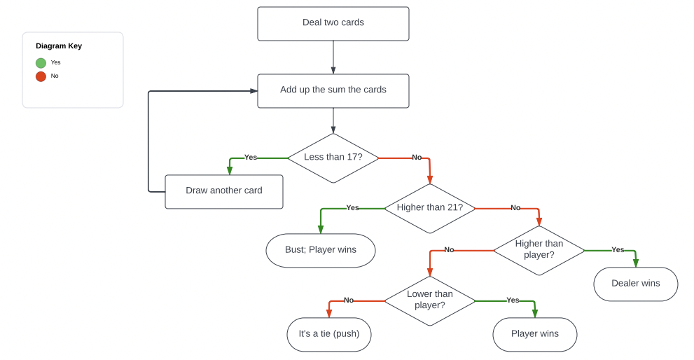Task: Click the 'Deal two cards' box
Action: click(333, 23)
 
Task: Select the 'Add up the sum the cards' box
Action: click(333, 90)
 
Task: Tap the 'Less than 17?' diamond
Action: click(333, 158)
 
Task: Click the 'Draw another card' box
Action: click(223, 191)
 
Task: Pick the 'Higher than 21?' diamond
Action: click(429, 208)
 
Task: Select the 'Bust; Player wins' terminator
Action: click(320, 250)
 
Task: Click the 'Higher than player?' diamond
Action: click(539, 250)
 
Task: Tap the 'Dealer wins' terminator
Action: click(635, 284)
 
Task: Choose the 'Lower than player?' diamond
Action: click(429, 300)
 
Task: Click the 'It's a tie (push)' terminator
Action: click(328, 334)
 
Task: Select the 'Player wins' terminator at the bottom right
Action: click(534, 334)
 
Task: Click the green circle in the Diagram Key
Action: click(41, 63)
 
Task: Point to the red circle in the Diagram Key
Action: click(41, 76)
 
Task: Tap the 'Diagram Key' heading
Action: click(59, 46)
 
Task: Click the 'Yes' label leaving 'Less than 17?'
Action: click(250, 158)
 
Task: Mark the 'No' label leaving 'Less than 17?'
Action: click(417, 158)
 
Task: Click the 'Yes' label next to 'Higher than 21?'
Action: click(352, 208)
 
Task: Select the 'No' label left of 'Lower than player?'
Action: click(348, 300)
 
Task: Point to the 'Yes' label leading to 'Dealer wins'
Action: click(618, 250)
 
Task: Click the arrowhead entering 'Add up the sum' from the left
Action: click(254, 91)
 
